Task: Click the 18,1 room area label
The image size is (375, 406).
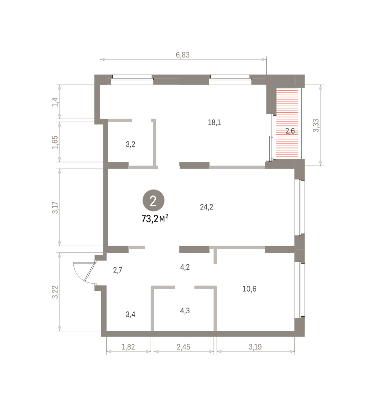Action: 214,123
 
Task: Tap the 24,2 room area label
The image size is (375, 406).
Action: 206,207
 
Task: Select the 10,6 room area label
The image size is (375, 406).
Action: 249,289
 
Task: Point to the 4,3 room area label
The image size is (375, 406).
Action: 185,311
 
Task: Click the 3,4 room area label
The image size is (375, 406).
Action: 130,314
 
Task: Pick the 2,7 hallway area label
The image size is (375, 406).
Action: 117,270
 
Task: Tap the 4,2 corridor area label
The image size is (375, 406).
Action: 185,267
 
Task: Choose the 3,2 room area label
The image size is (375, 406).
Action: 130,144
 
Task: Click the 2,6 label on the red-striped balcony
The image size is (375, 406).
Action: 290,131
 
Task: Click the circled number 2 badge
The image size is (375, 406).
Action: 153,201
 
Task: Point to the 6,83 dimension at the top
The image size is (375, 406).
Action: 183,55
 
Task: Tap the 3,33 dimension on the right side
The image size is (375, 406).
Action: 316,126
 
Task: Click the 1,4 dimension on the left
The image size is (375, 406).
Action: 55,102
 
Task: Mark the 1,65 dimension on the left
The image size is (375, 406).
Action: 55,142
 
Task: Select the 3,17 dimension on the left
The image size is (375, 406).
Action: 55,208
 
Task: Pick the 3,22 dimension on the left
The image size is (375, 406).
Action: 55,292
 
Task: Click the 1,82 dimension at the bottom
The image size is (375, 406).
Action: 128,347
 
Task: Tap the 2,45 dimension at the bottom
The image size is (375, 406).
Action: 183,347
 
